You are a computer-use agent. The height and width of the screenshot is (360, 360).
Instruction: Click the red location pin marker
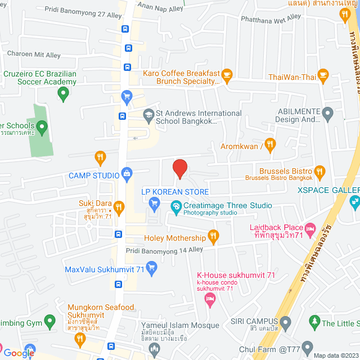point(179,169)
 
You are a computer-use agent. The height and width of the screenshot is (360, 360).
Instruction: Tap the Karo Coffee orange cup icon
point(227,74)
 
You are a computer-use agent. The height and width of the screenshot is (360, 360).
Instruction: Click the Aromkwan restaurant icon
point(270,146)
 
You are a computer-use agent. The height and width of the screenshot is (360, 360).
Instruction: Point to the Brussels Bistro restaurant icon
point(319,171)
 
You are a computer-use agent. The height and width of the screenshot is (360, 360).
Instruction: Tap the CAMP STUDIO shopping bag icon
point(129,174)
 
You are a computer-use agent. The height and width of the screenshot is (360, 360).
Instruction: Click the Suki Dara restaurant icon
point(119,205)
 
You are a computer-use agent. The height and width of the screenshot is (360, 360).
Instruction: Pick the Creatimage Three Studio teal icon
point(175,206)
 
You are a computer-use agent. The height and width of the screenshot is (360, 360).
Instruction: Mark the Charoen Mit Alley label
point(34,55)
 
